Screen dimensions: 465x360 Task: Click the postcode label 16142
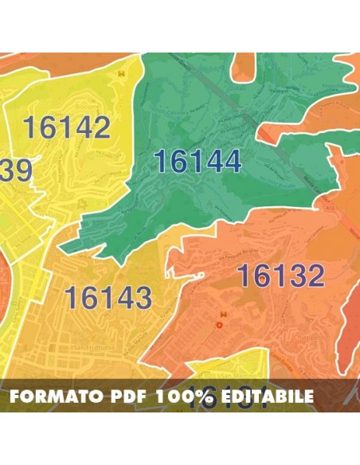point(66,127)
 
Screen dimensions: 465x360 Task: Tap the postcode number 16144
point(197,162)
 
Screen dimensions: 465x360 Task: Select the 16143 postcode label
point(108,298)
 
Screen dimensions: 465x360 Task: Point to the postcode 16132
point(280,276)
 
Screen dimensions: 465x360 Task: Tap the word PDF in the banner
point(127,397)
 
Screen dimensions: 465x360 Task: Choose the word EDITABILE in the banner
point(271,397)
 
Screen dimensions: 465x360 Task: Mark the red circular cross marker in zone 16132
point(221,326)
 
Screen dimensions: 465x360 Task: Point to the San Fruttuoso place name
point(94,347)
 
